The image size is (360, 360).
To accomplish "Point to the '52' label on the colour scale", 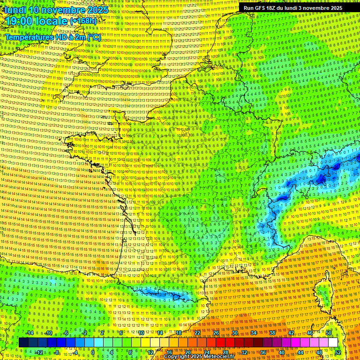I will click(338, 352).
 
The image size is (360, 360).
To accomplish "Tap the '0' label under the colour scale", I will click(93, 352).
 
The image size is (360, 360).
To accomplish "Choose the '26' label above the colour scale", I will click(216, 333).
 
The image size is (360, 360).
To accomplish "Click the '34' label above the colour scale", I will click(254, 333).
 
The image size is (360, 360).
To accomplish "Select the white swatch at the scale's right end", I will click(333, 343).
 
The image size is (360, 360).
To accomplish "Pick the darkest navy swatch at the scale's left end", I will click(23, 343).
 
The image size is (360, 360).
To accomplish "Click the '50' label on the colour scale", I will click(329, 333).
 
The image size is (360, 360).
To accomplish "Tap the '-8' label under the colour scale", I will click(56, 352).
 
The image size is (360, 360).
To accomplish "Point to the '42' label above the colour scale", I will click(291, 333).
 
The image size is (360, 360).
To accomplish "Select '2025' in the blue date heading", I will click(97, 10).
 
